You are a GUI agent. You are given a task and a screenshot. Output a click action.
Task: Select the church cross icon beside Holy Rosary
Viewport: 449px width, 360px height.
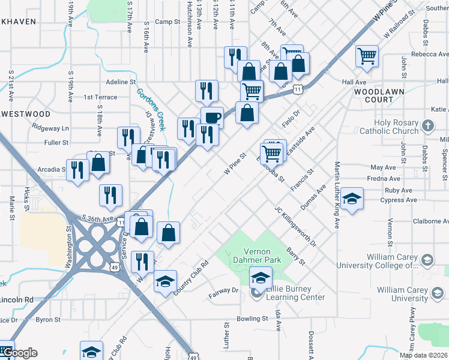(427, 126)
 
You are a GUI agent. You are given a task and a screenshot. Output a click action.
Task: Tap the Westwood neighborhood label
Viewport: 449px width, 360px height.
(28, 113)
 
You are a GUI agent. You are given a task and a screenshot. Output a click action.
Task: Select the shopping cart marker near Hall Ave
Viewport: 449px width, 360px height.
(367, 57)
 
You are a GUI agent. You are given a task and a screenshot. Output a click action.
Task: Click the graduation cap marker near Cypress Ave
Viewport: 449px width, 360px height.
(353, 199)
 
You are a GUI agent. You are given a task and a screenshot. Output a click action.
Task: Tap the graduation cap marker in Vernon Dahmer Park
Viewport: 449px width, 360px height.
(261, 278)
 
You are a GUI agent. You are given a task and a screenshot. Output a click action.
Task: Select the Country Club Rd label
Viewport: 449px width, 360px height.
(190, 277)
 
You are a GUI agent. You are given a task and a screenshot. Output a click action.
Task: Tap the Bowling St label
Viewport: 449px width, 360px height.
(252, 319)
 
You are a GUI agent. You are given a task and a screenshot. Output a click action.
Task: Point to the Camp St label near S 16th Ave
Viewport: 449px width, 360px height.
(167, 22)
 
